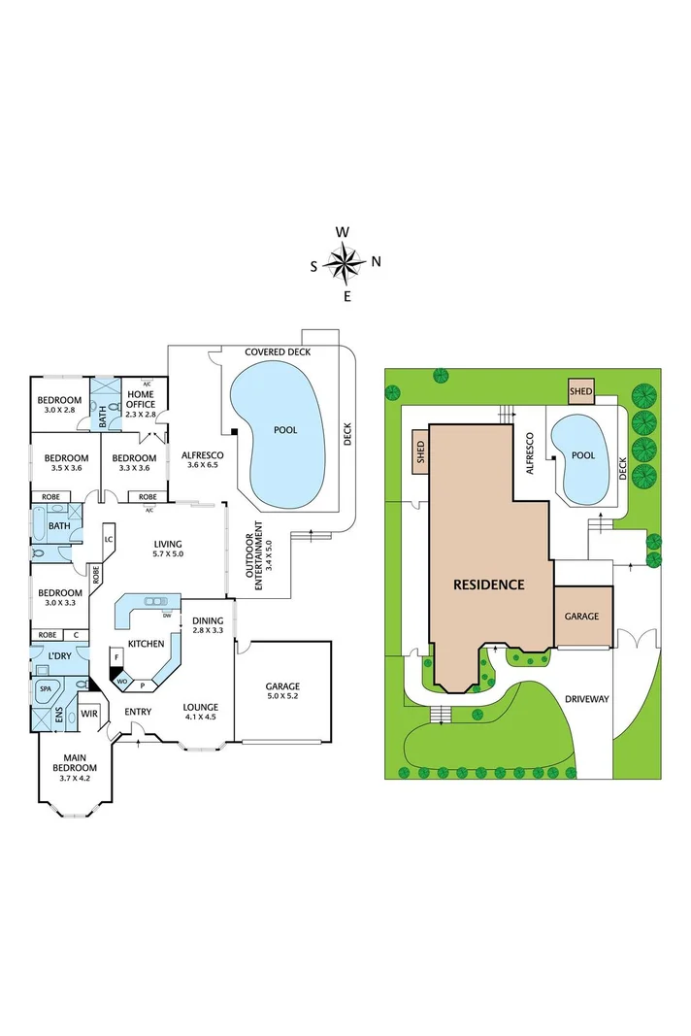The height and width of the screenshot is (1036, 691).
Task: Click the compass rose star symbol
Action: tap(345, 261)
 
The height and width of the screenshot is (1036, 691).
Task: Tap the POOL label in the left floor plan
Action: tap(285, 429)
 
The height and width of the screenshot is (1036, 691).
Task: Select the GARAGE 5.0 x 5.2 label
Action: tap(282, 692)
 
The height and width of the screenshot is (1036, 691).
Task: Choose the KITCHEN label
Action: tap(146, 644)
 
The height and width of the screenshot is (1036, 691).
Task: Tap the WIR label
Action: tap(90, 714)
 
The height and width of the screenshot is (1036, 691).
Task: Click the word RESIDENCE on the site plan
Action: tap(490, 585)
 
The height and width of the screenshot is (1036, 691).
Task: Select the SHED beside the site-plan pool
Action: tap(581, 391)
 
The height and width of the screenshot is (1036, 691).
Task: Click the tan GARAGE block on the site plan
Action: tap(583, 617)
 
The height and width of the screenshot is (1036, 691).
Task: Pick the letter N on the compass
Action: tap(377, 261)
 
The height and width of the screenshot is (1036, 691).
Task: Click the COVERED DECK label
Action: tap(278, 351)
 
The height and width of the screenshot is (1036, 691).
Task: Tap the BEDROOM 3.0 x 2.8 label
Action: tap(59, 405)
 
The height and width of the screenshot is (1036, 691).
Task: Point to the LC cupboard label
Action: tap(110, 539)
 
